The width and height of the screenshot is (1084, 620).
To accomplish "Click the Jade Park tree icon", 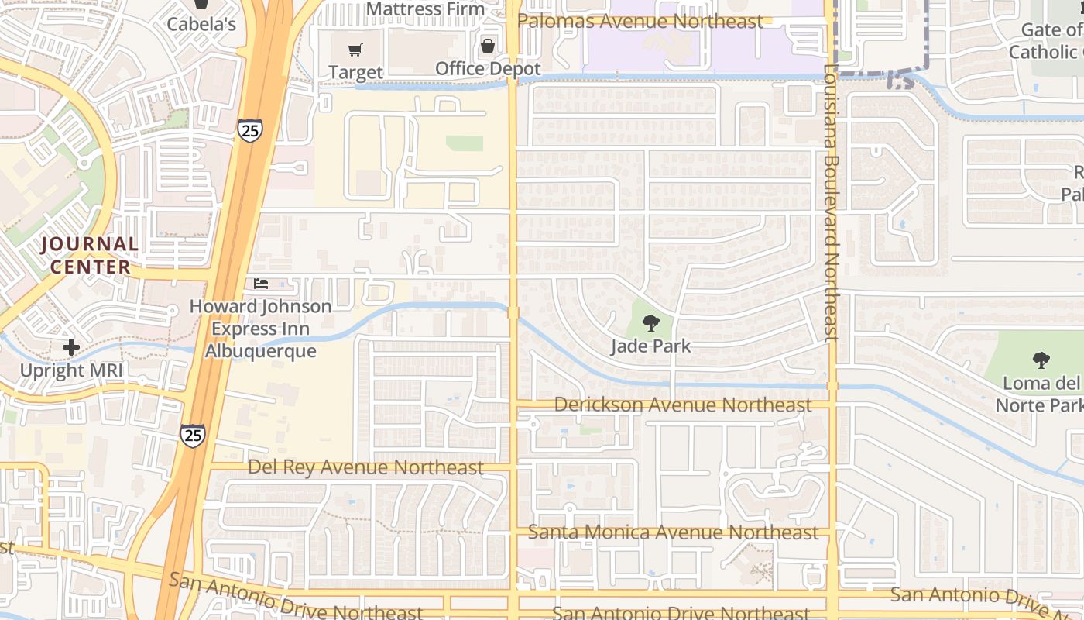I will pos(650,322).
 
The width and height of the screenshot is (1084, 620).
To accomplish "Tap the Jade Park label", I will pos(650,346).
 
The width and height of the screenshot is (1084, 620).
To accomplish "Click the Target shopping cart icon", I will pos(355,50).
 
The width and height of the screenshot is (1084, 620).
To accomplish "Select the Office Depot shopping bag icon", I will pos(488,46).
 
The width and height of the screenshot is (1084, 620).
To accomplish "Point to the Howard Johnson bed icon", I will pos(261,284).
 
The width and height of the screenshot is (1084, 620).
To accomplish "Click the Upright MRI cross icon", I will pos(70,347).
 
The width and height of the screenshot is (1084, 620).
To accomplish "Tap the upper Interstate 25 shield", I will pos(250,130).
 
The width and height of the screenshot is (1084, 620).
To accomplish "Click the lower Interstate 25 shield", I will pos(193,435).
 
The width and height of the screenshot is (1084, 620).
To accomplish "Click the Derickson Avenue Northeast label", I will pos(683,405).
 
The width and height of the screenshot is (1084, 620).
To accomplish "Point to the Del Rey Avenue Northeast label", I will pos(365,467).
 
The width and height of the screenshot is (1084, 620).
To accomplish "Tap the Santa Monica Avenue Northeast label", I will pos(673,532).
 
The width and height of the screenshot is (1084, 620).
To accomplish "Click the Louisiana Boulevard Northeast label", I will pos(832,201).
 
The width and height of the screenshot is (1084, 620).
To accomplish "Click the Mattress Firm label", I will pos(425,9).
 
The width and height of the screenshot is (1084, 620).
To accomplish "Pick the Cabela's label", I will pos(201,24).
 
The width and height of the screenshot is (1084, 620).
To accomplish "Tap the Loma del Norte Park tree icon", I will pos(1041,360).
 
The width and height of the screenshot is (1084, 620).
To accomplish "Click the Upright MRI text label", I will pos(71,370).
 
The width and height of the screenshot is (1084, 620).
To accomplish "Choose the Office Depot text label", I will pos(488,68).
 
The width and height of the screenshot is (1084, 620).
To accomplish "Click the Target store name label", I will pos(355,72).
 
